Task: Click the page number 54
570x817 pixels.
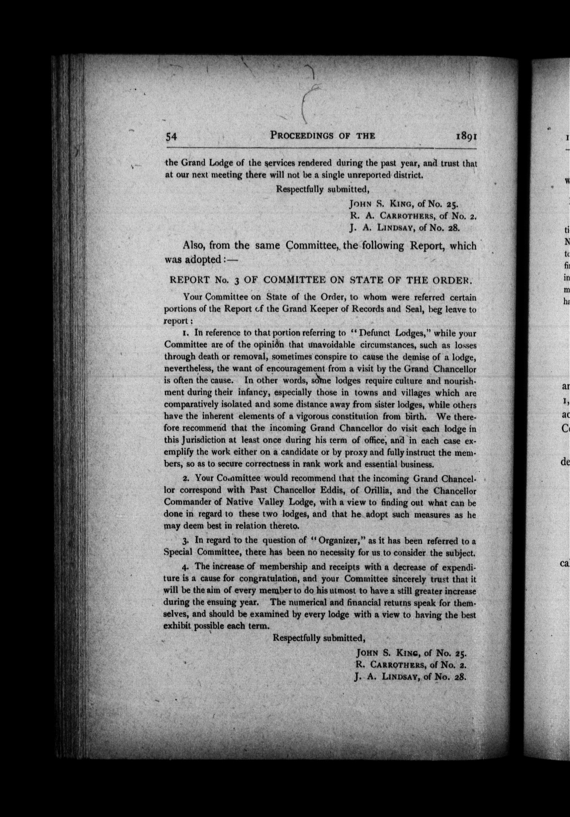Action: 171,137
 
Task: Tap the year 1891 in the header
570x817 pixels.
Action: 466,137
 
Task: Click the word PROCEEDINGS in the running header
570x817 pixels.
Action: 302,136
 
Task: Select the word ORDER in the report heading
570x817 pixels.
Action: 452,280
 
